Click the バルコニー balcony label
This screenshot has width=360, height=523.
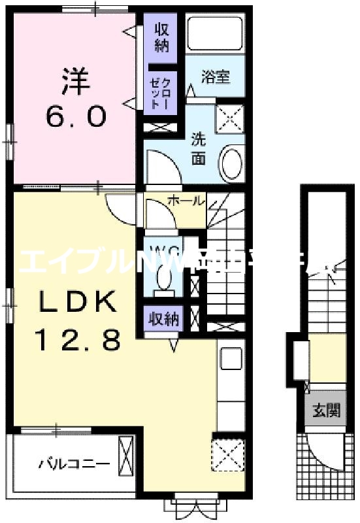73,465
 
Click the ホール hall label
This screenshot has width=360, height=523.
186,201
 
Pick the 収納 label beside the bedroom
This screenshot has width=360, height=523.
161,38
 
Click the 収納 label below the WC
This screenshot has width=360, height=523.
163,320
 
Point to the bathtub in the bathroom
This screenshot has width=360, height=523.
215,37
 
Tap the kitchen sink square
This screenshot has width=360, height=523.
230,359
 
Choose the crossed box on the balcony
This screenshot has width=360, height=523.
126,458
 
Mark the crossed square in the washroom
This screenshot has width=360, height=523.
230,119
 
